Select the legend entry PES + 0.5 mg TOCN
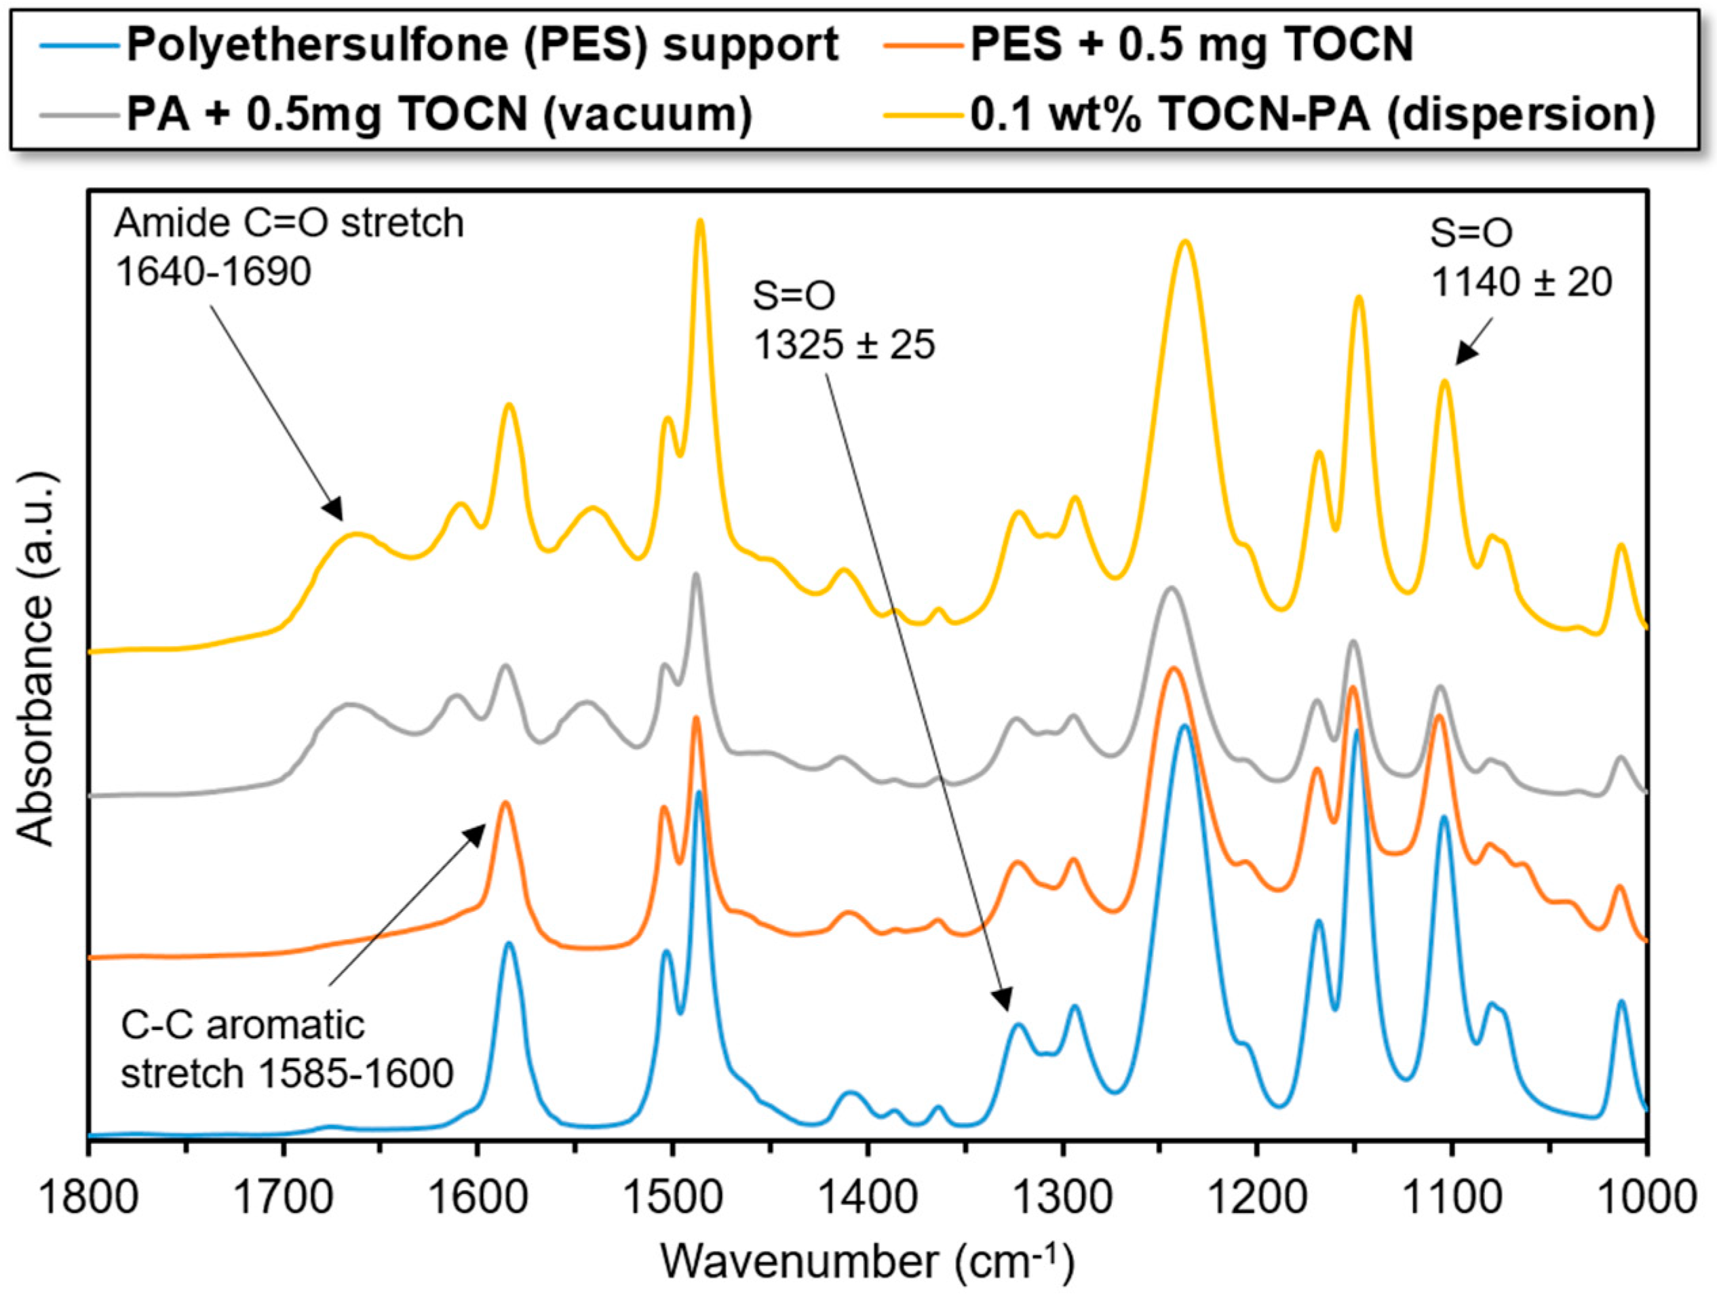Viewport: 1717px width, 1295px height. tap(1191, 44)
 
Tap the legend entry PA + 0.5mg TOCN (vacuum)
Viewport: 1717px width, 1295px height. tap(438, 115)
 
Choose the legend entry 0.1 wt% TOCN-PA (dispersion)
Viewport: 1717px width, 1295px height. tap(1312, 115)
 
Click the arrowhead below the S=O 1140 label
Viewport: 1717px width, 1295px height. tap(1463, 357)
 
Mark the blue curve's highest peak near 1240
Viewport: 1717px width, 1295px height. tap(1184, 727)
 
